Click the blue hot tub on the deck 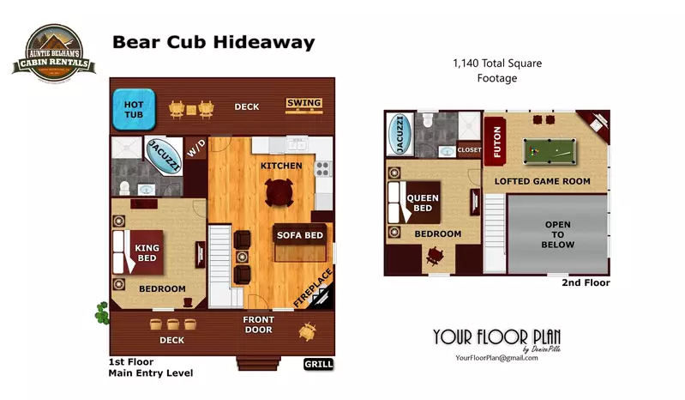(x=133, y=108)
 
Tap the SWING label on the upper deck (x=303, y=104)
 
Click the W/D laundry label (x=196, y=150)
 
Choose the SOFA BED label (x=299, y=235)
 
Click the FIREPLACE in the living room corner (x=315, y=290)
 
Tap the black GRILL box (x=318, y=364)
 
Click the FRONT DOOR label (x=258, y=324)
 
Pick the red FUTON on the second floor (x=496, y=143)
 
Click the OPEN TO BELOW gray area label (x=558, y=234)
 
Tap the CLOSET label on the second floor (x=470, y=149)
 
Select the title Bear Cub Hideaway (x=213, y=42)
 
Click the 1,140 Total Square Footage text (x=496, y=70)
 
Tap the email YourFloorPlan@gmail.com (x=496, y=357)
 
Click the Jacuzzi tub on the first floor (x=164, y=156)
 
